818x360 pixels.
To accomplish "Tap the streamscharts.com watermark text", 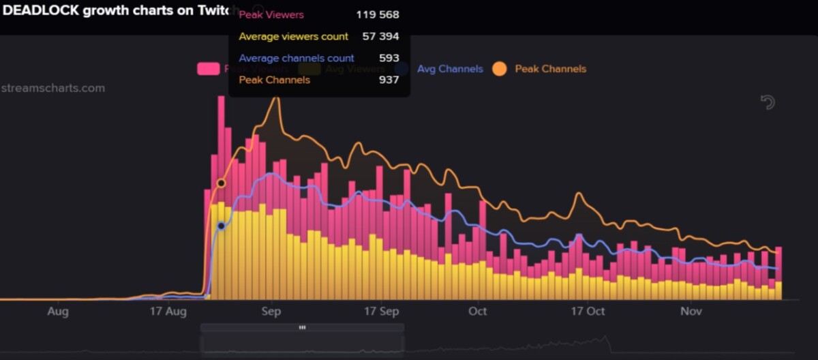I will [x=52, y=88].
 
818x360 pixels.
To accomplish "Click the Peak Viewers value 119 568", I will [x=377, y=14].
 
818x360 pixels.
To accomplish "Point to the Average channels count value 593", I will [x=389, y=58].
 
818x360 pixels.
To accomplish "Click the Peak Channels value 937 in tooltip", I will [x=389, y=80].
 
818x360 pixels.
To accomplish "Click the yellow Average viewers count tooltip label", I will [x=293, y=36].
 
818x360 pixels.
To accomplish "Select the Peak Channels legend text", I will [x=550, y=69].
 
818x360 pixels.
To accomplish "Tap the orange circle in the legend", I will [x=500, y=69].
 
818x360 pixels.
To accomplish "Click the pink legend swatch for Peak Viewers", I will [x=208, y=69].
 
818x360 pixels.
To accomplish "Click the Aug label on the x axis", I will [x=59, y=312].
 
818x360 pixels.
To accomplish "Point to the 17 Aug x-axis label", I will [x=168, y=312].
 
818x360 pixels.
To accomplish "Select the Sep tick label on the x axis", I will [x=271, y=312].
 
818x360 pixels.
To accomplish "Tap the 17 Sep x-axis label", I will [x=381, y=312].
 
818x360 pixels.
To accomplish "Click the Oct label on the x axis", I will [x=478, y=312].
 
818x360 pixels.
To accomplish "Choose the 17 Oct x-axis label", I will [x=588, y=312].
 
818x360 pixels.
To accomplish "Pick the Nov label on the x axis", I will [x=691, y=312].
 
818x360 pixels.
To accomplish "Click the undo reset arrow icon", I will [x=768, y=102].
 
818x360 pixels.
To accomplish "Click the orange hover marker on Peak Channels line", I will [x=221, y=183].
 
